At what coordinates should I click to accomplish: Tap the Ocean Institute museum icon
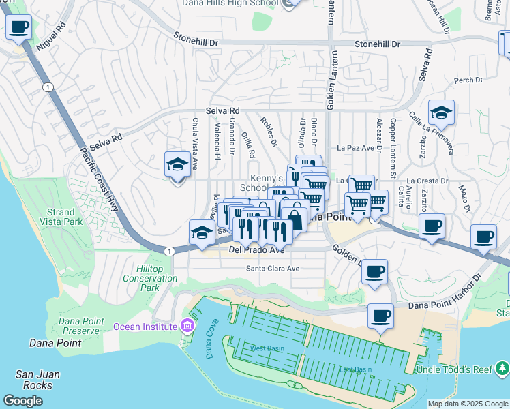(187, 326)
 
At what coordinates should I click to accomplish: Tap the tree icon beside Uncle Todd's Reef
(502, 369)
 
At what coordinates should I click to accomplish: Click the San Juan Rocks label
(37, 380)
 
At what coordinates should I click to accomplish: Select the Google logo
(22, 401)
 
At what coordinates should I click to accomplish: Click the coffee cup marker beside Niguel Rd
(19, 28)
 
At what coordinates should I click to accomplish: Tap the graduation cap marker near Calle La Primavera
(442, 113)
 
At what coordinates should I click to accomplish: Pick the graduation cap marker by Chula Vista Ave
(177, 164)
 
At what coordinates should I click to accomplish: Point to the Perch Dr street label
(468, 80)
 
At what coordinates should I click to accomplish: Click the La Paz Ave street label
(357, 147)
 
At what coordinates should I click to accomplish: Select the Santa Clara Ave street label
(273, 269)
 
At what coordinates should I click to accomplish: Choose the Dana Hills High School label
(231, 3)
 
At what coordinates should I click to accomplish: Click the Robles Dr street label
(269, 130)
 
